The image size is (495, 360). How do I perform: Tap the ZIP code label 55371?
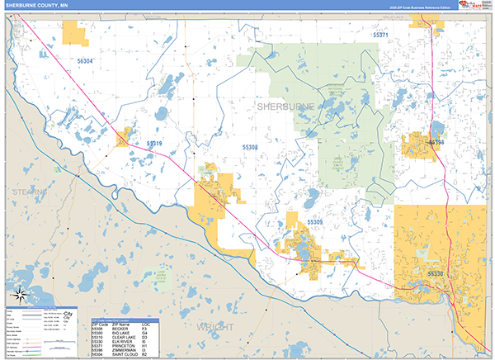pyautogui.click(x=381, y=36)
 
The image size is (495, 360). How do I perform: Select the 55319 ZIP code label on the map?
pyautogui.click(x=154, y=144)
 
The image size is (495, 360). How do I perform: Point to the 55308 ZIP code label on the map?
pyautogui.click(x=250, y=147)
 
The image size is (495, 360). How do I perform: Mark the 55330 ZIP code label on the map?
pyautogui.click(x=436, y=272)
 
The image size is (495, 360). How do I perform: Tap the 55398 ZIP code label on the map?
pyautogui.click(x=436, y=143)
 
